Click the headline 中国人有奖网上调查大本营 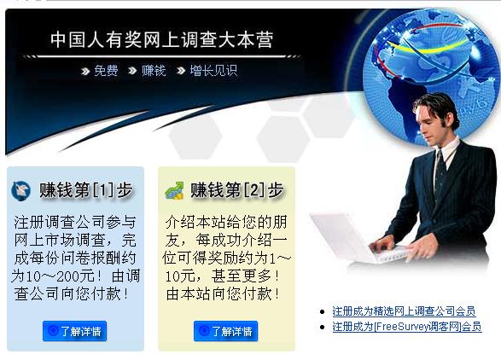161,40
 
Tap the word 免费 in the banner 106,70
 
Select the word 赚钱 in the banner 154,70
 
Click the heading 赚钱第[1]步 79,190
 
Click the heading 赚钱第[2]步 236,190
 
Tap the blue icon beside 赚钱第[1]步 20,191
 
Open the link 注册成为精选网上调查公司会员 403,311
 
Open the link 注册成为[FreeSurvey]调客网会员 406,327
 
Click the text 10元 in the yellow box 183,276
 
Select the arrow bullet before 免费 85,71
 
